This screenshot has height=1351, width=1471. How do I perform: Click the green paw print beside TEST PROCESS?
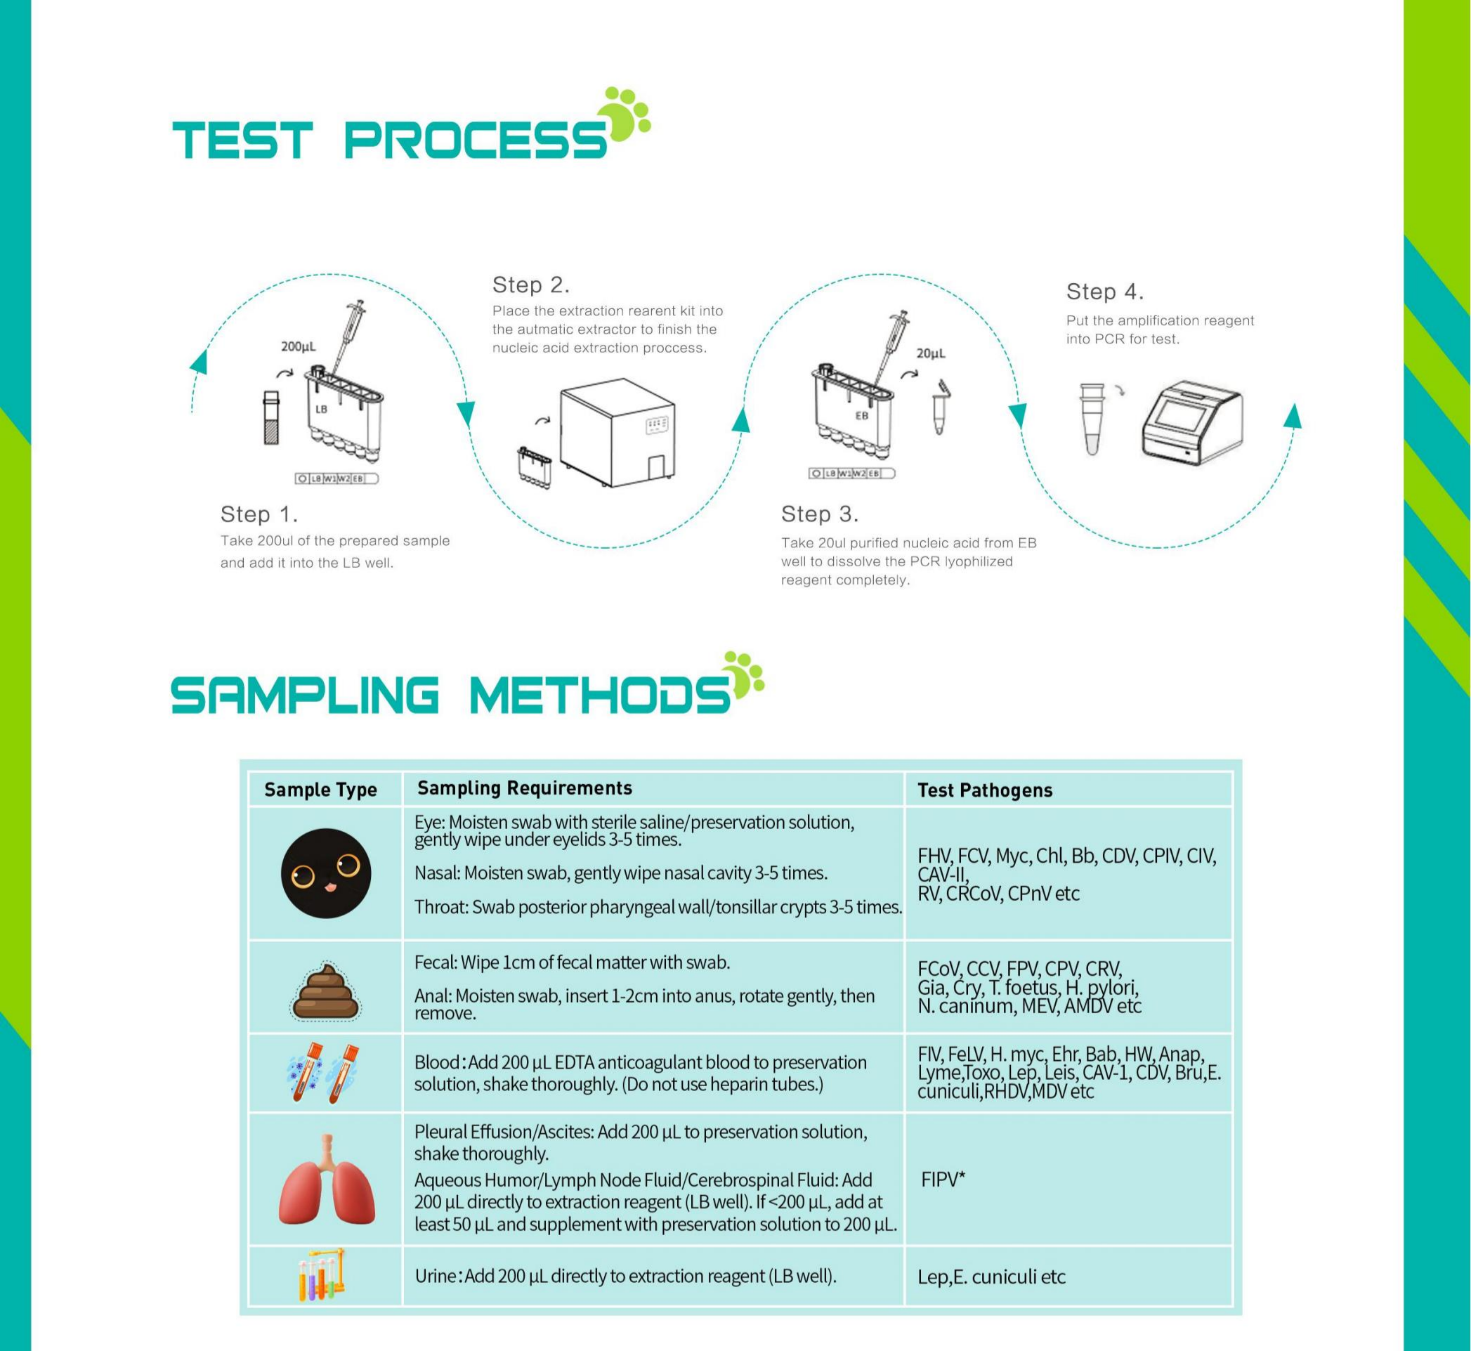(x=624, y=114)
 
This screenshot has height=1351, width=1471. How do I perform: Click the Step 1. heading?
(x=259, y=514)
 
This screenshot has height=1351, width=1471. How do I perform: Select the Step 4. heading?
(x=1104, y=292)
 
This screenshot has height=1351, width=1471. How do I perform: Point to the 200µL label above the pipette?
(x=298, y=346)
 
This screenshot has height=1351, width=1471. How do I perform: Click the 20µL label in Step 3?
(x=930, y=353)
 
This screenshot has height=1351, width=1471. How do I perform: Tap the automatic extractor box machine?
(x=616, y=433)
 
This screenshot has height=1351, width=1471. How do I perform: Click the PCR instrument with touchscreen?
(x=1191, y=427)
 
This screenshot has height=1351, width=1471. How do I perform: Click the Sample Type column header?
(x=320, y=790)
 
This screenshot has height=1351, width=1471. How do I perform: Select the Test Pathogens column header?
(x=984, y=790)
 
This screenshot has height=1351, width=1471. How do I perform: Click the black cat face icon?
(x=326, y=873)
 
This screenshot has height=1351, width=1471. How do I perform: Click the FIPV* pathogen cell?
(x=943, y=1179)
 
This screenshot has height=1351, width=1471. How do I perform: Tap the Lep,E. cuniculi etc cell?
(x=991, y=1277)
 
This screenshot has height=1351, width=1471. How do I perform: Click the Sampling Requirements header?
(x=524, y=788)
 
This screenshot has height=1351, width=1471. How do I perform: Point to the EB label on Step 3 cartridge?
(x=861, y=415)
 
